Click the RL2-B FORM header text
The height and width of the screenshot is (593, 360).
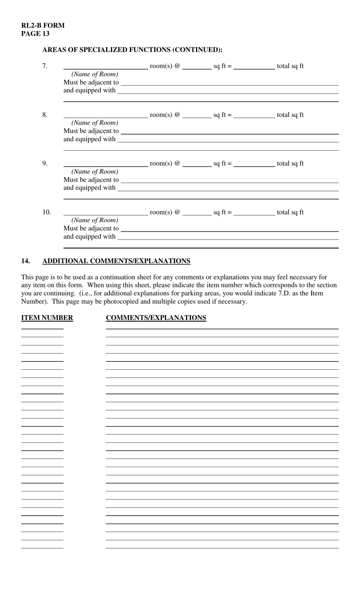click(43, 25)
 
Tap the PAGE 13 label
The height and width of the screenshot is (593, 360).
click(35, 34)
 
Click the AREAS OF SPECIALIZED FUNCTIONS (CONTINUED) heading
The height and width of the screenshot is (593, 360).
click(132, 50)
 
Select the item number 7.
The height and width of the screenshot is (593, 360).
click(45, 66)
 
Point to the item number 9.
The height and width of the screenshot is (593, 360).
click(45, 163)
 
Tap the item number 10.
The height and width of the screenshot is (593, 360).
click(46, 212)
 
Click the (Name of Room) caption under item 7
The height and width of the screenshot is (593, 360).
click(95, 74)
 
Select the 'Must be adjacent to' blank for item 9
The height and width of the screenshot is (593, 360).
click(229, 180)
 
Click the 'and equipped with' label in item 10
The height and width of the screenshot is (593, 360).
click(89, 237)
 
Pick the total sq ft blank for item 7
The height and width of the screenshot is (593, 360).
click(254, 67)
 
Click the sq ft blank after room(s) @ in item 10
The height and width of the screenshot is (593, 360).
click(197, 213)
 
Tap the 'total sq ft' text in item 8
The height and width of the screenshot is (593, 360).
click(290, 115)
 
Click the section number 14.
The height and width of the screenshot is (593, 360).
click(25, 261)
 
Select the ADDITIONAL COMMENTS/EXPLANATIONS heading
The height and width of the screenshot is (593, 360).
click(116, 261)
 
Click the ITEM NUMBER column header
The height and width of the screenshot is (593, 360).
click(47, 318)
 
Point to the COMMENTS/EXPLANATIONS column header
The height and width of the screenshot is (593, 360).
click(156, 318)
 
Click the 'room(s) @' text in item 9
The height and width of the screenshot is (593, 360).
click(165, 163)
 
